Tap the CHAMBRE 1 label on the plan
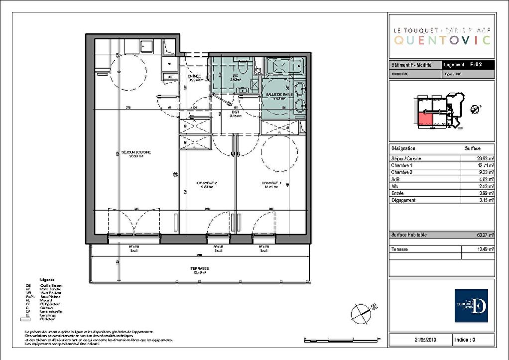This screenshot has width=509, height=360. (x=271, y=183)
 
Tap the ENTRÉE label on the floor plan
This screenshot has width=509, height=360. (x=194, y=76)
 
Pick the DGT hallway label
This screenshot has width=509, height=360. (x=235, y=113)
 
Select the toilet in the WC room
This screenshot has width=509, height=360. (x=243, y=66)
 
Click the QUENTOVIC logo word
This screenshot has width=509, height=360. (x=442, y=40)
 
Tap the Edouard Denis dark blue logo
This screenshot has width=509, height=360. (x=471, y=305)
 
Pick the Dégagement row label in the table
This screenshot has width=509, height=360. (x=403, y=200)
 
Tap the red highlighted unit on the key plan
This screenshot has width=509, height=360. (x=424, y=119)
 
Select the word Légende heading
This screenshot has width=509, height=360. (x=48, y=280)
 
